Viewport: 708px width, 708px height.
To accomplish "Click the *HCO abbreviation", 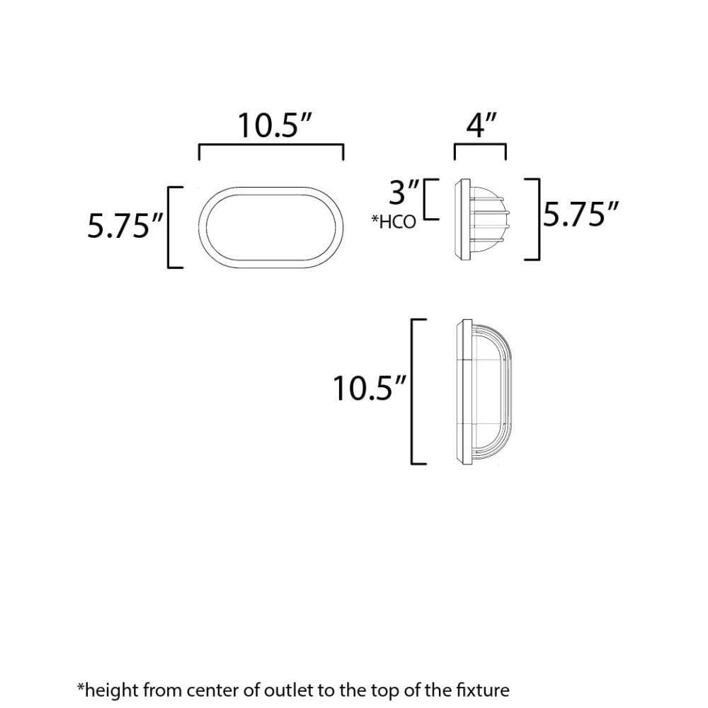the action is (x=393, y=222).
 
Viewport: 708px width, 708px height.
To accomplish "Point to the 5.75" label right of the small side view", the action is (x=581, y=214).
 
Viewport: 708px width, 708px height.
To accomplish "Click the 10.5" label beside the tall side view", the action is (x=370, y=388).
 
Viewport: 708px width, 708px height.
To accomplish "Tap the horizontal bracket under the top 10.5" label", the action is (x=271, y=145).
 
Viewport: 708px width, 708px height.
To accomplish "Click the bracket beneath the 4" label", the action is (x=480, y=145).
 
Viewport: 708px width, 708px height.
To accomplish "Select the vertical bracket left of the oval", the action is (x=169, y=227).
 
